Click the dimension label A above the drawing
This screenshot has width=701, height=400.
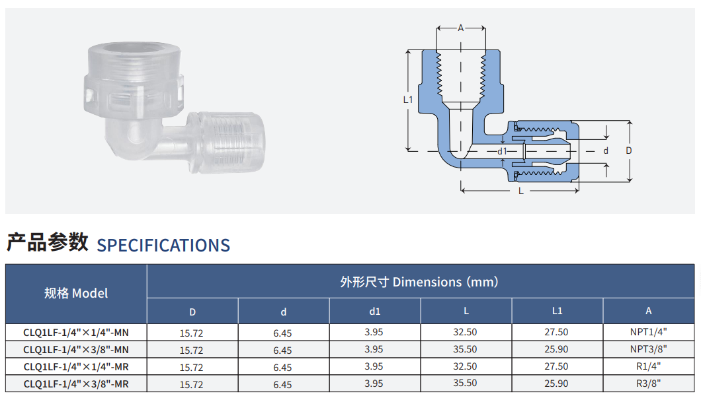(460, 28)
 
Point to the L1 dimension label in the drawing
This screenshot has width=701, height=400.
(408, 100)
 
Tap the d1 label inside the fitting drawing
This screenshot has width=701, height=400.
(503, 151)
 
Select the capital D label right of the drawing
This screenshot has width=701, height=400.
(628, 151)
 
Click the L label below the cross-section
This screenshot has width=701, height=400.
(521, 191)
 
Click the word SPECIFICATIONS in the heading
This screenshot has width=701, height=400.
(163, 246)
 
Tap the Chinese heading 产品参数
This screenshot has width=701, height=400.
(48, 242)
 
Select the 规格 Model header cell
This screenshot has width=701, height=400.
(76, 293)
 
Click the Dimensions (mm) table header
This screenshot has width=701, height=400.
(419, 282)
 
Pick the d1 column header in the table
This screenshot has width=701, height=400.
(375, 311)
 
